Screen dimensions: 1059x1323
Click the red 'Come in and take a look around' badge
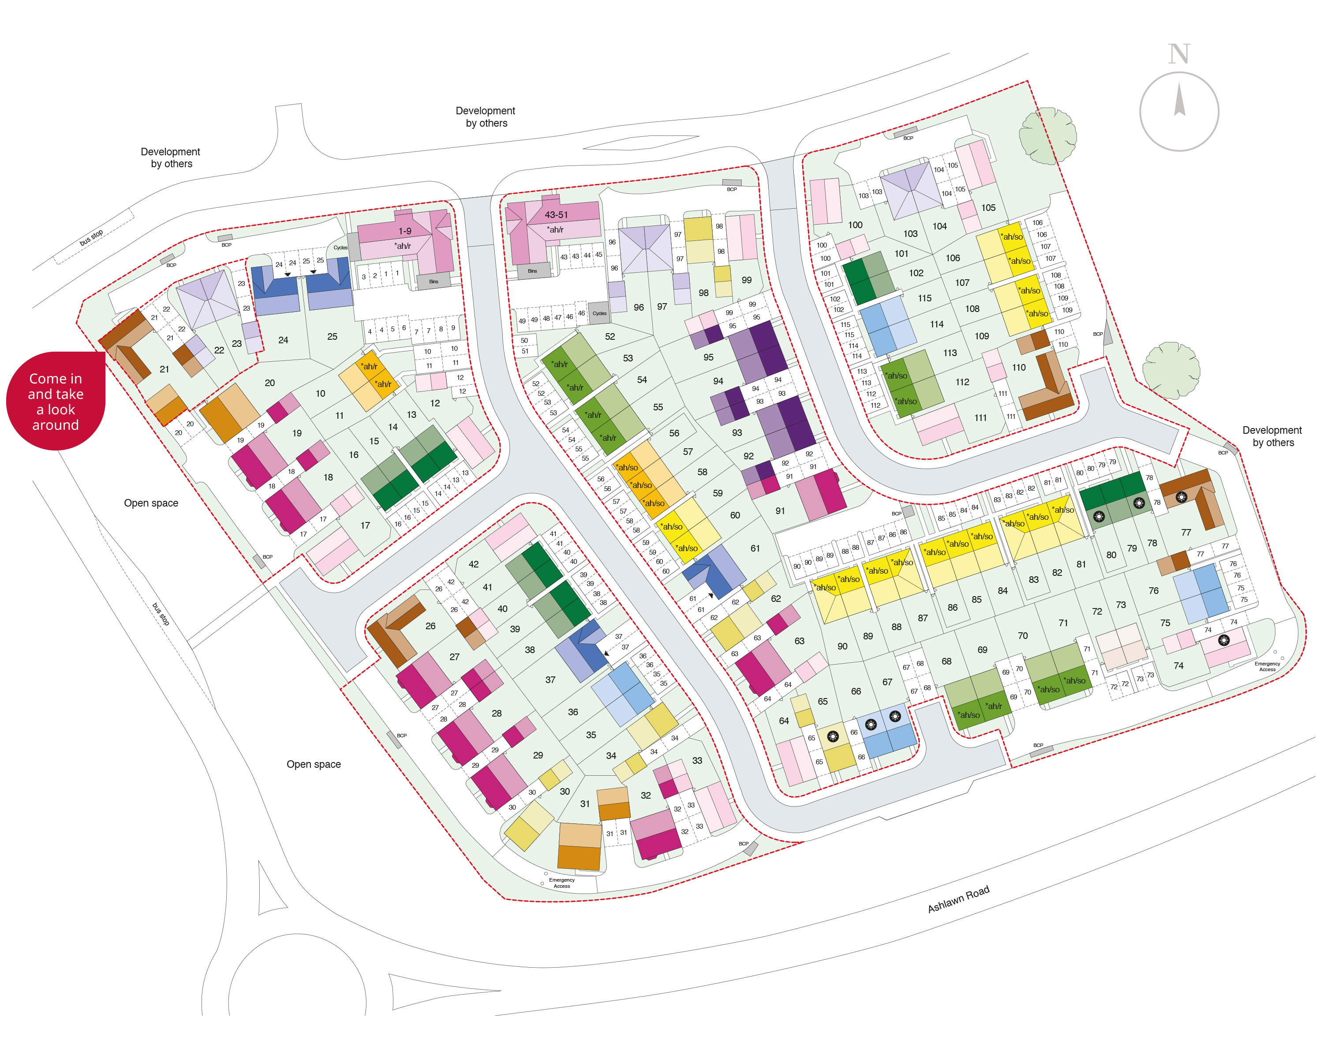tap(55, 402)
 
